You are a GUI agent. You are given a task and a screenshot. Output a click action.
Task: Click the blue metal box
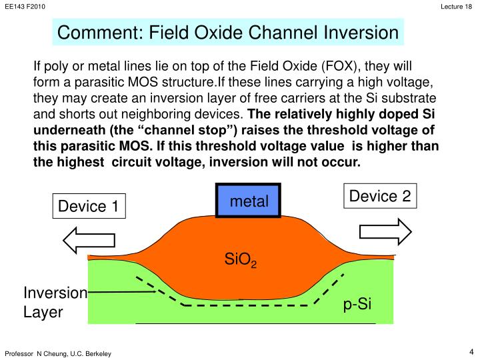[x=249, y=201]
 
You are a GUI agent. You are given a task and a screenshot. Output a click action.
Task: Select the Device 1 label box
[x=88, y=207]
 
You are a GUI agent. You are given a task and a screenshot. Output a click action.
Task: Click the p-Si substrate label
[x=357, y=305]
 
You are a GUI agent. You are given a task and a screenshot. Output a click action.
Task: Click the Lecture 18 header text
[x=458, y=6]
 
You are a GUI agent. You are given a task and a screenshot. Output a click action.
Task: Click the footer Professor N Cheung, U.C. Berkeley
[x=59, y=353]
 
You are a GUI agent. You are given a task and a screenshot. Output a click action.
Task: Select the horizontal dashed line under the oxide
[x=247, y=305]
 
